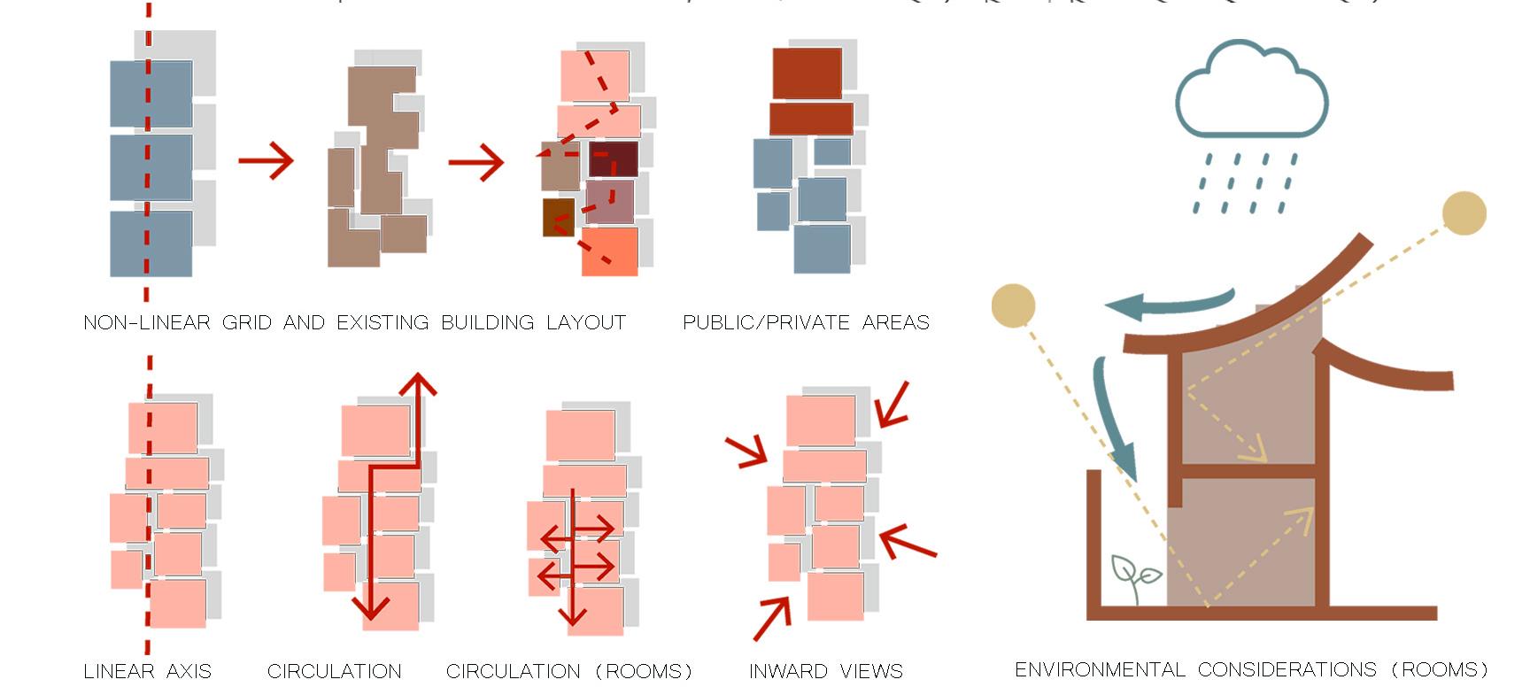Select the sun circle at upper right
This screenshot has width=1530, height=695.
(1464, 213)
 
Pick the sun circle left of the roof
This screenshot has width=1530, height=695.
(1013, 305)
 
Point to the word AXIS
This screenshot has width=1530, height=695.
(189, 671)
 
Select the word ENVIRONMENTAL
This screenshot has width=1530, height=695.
(1101, 669)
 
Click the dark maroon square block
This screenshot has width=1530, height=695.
(613, 158)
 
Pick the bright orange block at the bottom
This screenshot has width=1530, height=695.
(610, 251)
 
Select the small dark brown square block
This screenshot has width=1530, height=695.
(558, 218)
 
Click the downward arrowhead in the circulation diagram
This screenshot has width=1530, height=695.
(371, 607)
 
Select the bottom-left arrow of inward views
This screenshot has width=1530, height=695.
(772, 618)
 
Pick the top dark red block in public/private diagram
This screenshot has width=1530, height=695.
(807, 73)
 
